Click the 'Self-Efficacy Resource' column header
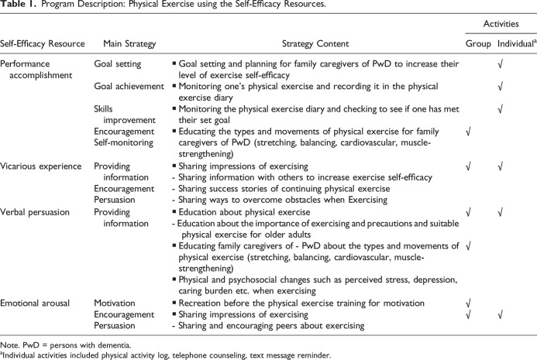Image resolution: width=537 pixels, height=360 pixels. (40, 43)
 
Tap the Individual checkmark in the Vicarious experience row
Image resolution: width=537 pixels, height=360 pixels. (502, 166)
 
